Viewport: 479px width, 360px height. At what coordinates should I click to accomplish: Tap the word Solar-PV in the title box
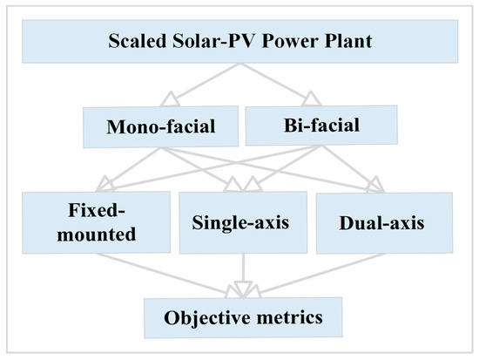209,41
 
